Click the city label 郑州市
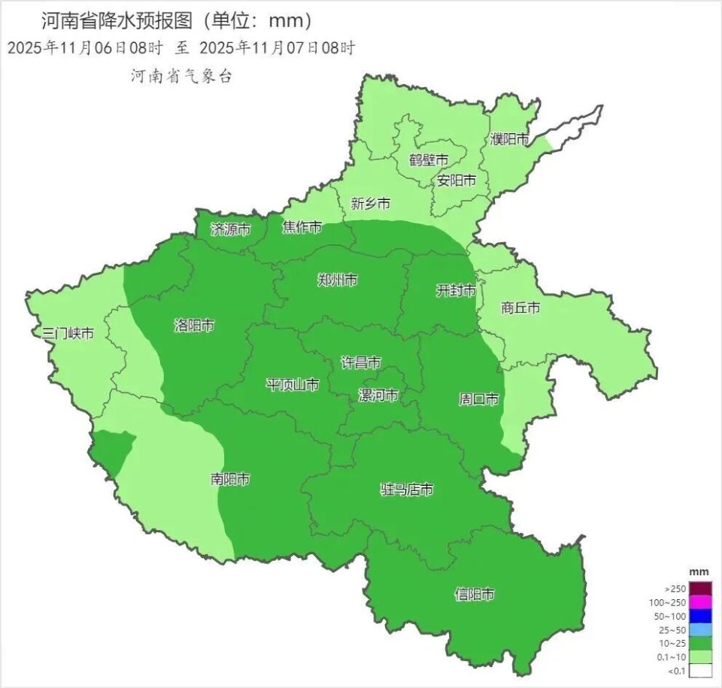pos(338,280)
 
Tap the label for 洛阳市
pos(194,326)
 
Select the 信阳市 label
pos(475,595)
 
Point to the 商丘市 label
pos(520,308)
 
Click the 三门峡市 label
pos(68,333)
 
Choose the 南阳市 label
pos(230,479)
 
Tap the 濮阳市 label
pos(510,139)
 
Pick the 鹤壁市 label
pos(429,160)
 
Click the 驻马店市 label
pos(407,490)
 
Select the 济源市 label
pos(230,229)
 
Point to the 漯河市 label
pos(378,396)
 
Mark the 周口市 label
pos(479,399)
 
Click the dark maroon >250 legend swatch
pos(701,589)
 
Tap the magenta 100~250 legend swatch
pos(701,602)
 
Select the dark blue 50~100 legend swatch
pos(701,616)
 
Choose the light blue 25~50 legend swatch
pos(701,629)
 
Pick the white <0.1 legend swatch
pos(701,671)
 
